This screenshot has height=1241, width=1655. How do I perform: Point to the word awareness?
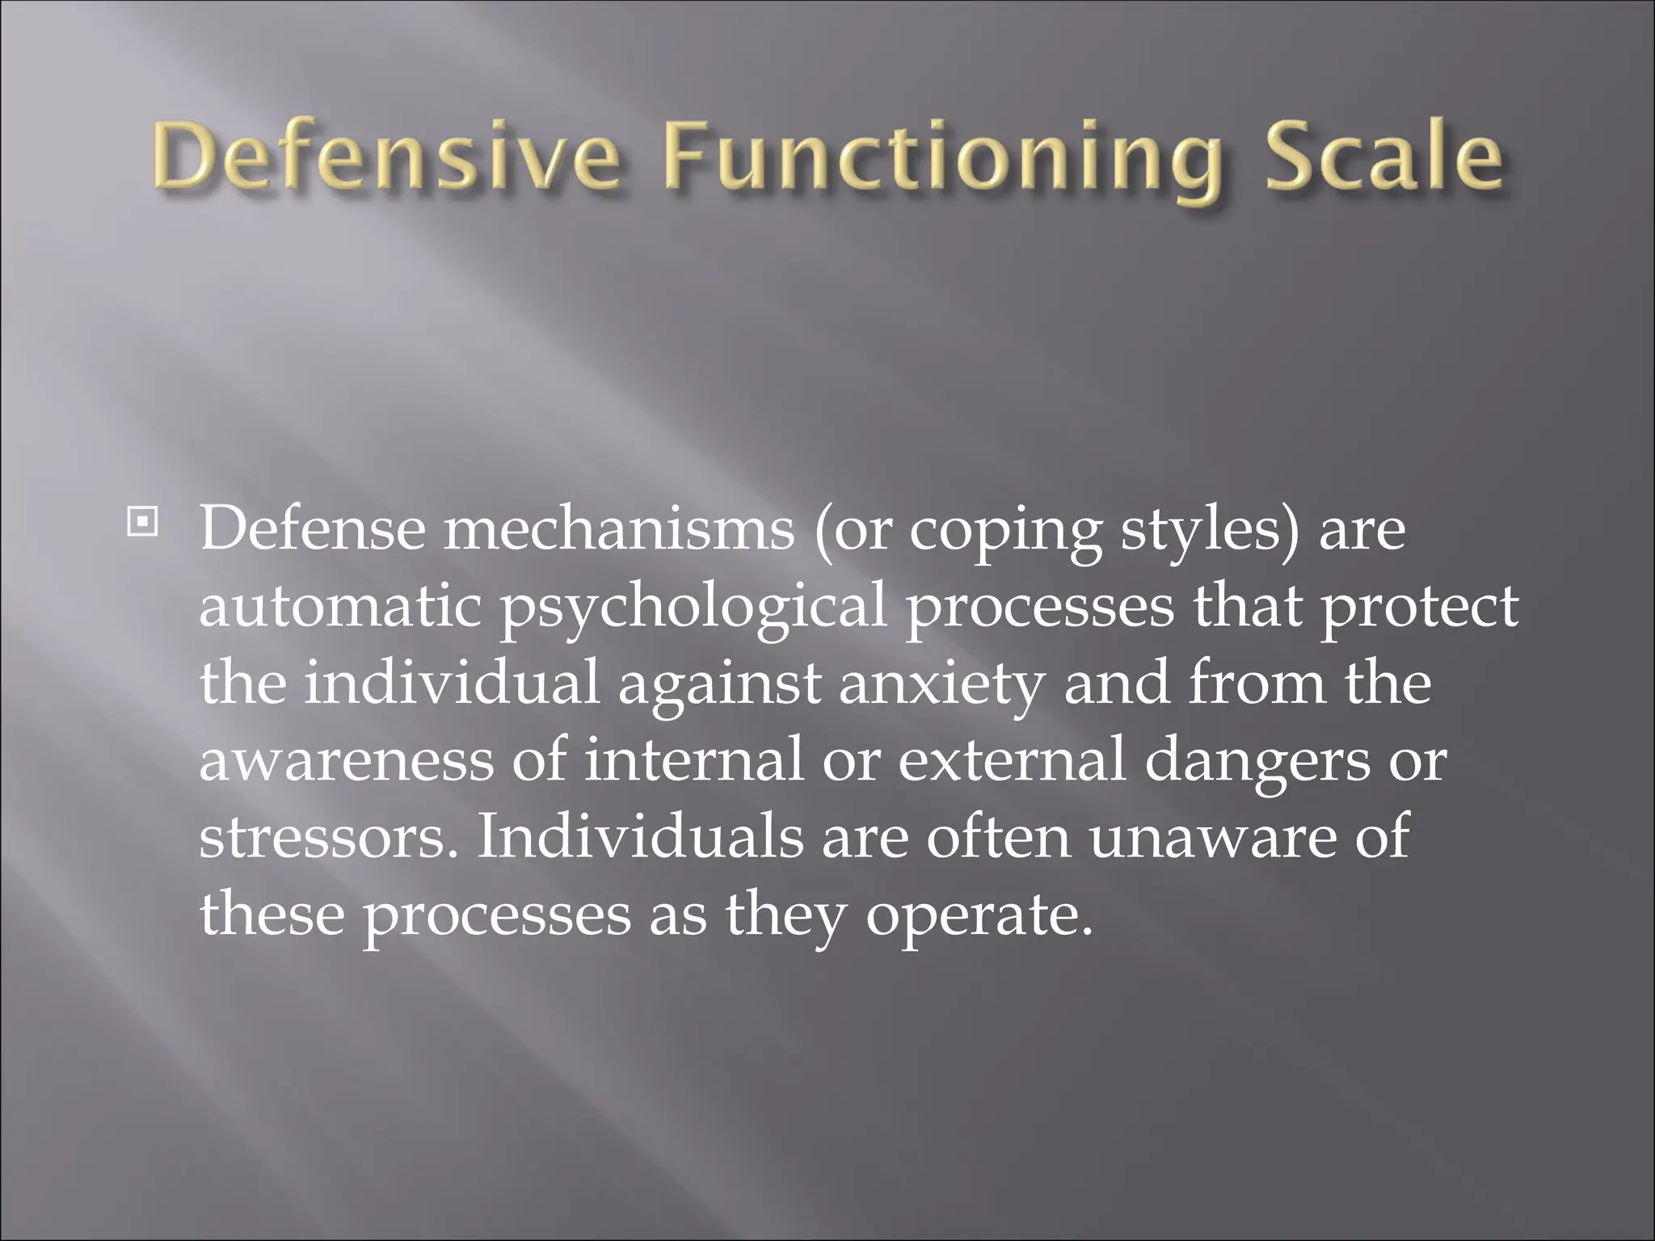coord(345,760)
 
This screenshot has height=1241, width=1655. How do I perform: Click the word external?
coord(1011,759)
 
